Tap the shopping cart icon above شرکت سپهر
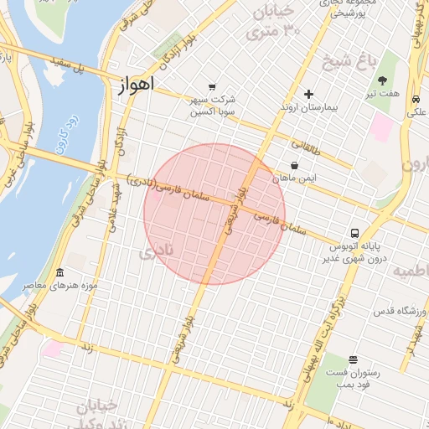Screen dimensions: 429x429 [212, 86]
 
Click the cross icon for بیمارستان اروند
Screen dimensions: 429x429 [308, 94]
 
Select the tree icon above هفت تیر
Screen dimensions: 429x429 [383, 81]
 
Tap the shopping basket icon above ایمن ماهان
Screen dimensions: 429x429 [293, 166]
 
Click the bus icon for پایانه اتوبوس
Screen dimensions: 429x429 [355, 233]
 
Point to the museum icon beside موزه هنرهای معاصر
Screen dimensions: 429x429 [59, 273]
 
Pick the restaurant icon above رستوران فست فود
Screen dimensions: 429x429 [353, 359]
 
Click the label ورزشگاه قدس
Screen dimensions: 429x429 [401, 312]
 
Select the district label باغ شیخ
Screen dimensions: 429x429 [346, 60]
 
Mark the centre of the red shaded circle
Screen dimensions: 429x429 [214, 214]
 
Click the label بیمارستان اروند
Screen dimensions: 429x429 [308, 108]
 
